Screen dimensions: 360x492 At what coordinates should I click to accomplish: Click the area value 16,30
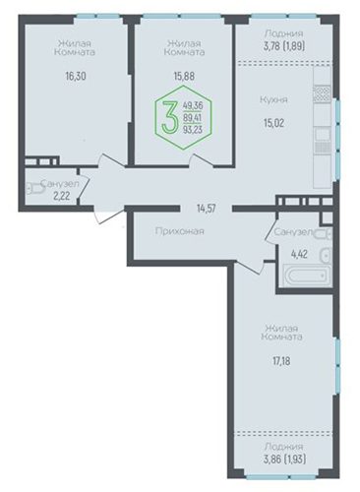click(x=76, y=76)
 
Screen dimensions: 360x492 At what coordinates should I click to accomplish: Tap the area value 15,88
click(x=184, y=76)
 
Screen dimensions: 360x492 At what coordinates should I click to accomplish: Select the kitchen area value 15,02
click(x=273, y=123)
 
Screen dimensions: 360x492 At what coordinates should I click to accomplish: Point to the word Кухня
click(x=273, y=99)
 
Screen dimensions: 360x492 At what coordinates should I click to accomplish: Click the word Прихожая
click(x=180, y=231)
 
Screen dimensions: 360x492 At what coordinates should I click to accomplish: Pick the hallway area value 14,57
click(x=207, y=209)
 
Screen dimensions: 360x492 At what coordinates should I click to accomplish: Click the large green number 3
click(x=170, y=117)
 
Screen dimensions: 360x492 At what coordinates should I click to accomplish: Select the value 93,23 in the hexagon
click(x=193, y=130)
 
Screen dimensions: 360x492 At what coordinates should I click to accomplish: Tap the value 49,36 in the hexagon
click(x=193, y=105)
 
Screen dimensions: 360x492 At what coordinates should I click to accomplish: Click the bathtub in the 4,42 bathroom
click(x=307, y=277)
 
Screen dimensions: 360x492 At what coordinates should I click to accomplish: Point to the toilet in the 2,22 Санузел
click(x=35, y=189)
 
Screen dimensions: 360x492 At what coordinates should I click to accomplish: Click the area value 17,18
click(x=281, y=361)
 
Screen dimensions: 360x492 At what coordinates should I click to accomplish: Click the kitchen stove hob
click(x=323, y=92)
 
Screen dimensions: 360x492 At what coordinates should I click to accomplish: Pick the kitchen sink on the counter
click(x=323, y=134)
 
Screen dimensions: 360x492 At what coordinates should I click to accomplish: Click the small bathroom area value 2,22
click(x=62, y=196)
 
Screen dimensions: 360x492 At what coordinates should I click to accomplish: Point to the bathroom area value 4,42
click(x=299, y=254)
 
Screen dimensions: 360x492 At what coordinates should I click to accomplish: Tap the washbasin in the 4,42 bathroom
click(x=326, y=255)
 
